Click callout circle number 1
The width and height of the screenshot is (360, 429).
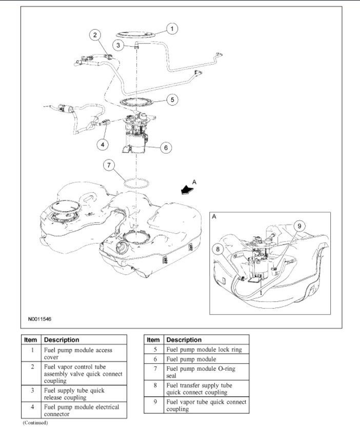173,29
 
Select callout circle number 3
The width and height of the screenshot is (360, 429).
118,45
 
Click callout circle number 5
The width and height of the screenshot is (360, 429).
173,99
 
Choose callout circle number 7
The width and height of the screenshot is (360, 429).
107,165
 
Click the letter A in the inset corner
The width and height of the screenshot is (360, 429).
213,217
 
